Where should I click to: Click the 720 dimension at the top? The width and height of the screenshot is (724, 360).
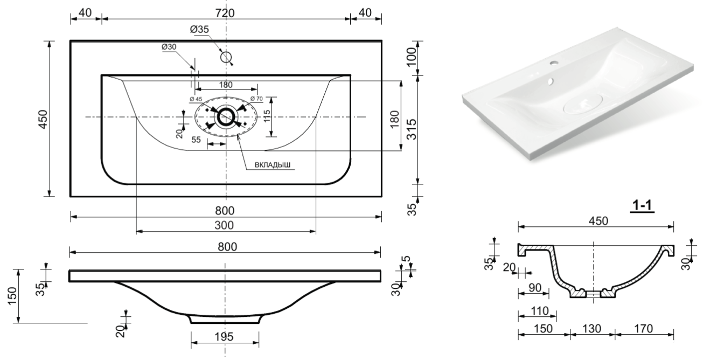226,12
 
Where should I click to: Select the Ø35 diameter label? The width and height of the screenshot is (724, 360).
199,30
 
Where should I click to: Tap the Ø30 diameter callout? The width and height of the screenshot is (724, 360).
169,47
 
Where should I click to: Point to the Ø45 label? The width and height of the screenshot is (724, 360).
196,99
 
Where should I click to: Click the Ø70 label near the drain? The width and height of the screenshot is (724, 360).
256,99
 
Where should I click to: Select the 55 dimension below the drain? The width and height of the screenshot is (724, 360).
196,139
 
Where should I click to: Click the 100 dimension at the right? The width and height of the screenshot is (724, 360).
412,57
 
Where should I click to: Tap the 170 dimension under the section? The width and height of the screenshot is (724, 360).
643,328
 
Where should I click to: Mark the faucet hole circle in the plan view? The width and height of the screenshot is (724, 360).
226,57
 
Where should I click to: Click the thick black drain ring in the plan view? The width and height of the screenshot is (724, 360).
225,116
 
